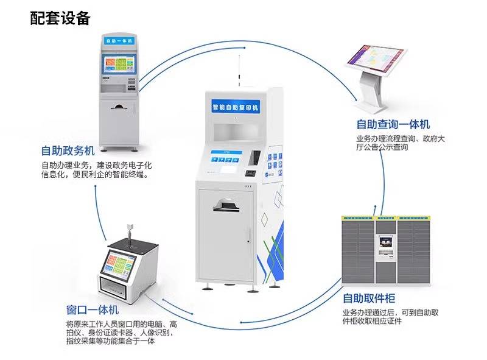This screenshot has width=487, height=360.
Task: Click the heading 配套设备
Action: click(x=60, y=18)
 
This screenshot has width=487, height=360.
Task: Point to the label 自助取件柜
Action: click(x=369, y=298)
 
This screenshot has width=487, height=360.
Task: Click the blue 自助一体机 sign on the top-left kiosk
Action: click(x=119, y=41)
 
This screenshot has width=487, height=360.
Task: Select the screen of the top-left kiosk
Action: click(x=120, y=65)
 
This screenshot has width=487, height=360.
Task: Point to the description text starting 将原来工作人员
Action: click(x=122, y=333)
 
